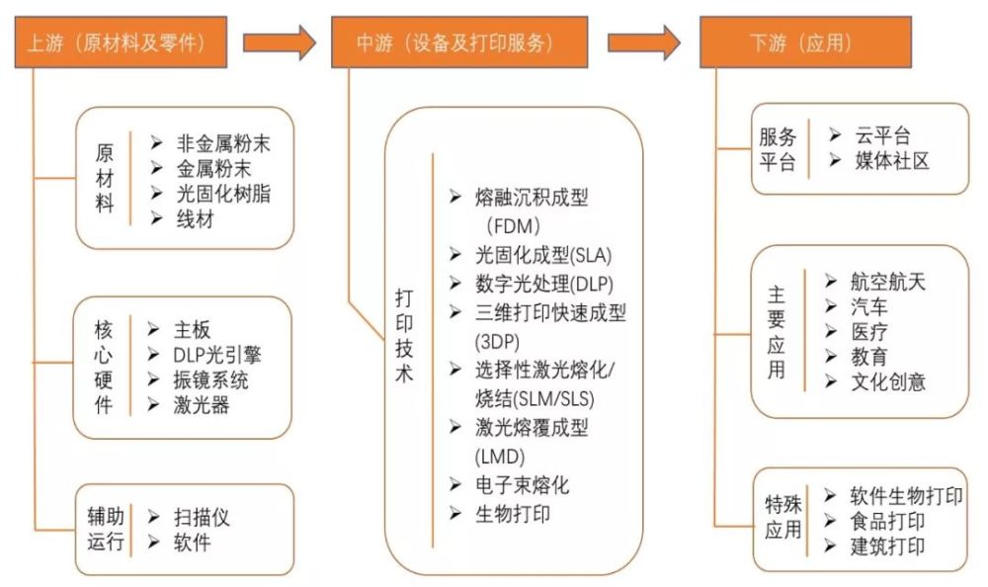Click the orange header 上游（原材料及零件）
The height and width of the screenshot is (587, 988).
click(121, 42)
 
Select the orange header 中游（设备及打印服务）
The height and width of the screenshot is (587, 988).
click(459, 42)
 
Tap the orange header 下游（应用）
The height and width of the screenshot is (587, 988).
click(805, 42)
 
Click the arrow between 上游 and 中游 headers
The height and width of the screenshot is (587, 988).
click(280, 42)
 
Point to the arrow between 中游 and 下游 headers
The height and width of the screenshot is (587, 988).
click(643, 42)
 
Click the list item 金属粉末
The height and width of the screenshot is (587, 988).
click(213, 168)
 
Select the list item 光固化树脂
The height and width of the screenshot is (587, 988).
click(223, 194)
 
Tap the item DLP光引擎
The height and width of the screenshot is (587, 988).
click(216, 355)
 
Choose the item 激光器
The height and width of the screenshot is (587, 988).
click(201, 405)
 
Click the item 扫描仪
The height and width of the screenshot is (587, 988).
click(202, 518)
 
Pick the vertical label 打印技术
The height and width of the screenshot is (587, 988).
click(404, 335)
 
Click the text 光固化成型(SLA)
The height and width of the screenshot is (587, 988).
click(543, 255)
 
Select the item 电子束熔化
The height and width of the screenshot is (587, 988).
click(522, 485)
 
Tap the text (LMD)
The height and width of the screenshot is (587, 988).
click(500, 456)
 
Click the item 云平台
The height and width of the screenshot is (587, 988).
click(882, 135)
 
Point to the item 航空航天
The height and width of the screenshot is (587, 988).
click(888, 282)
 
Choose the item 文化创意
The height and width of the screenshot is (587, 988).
click(888, 381)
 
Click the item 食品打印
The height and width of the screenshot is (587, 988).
click(887, 522)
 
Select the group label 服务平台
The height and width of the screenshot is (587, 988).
click(778, 149)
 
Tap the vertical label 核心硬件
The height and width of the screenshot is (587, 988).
click(104, 367)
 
